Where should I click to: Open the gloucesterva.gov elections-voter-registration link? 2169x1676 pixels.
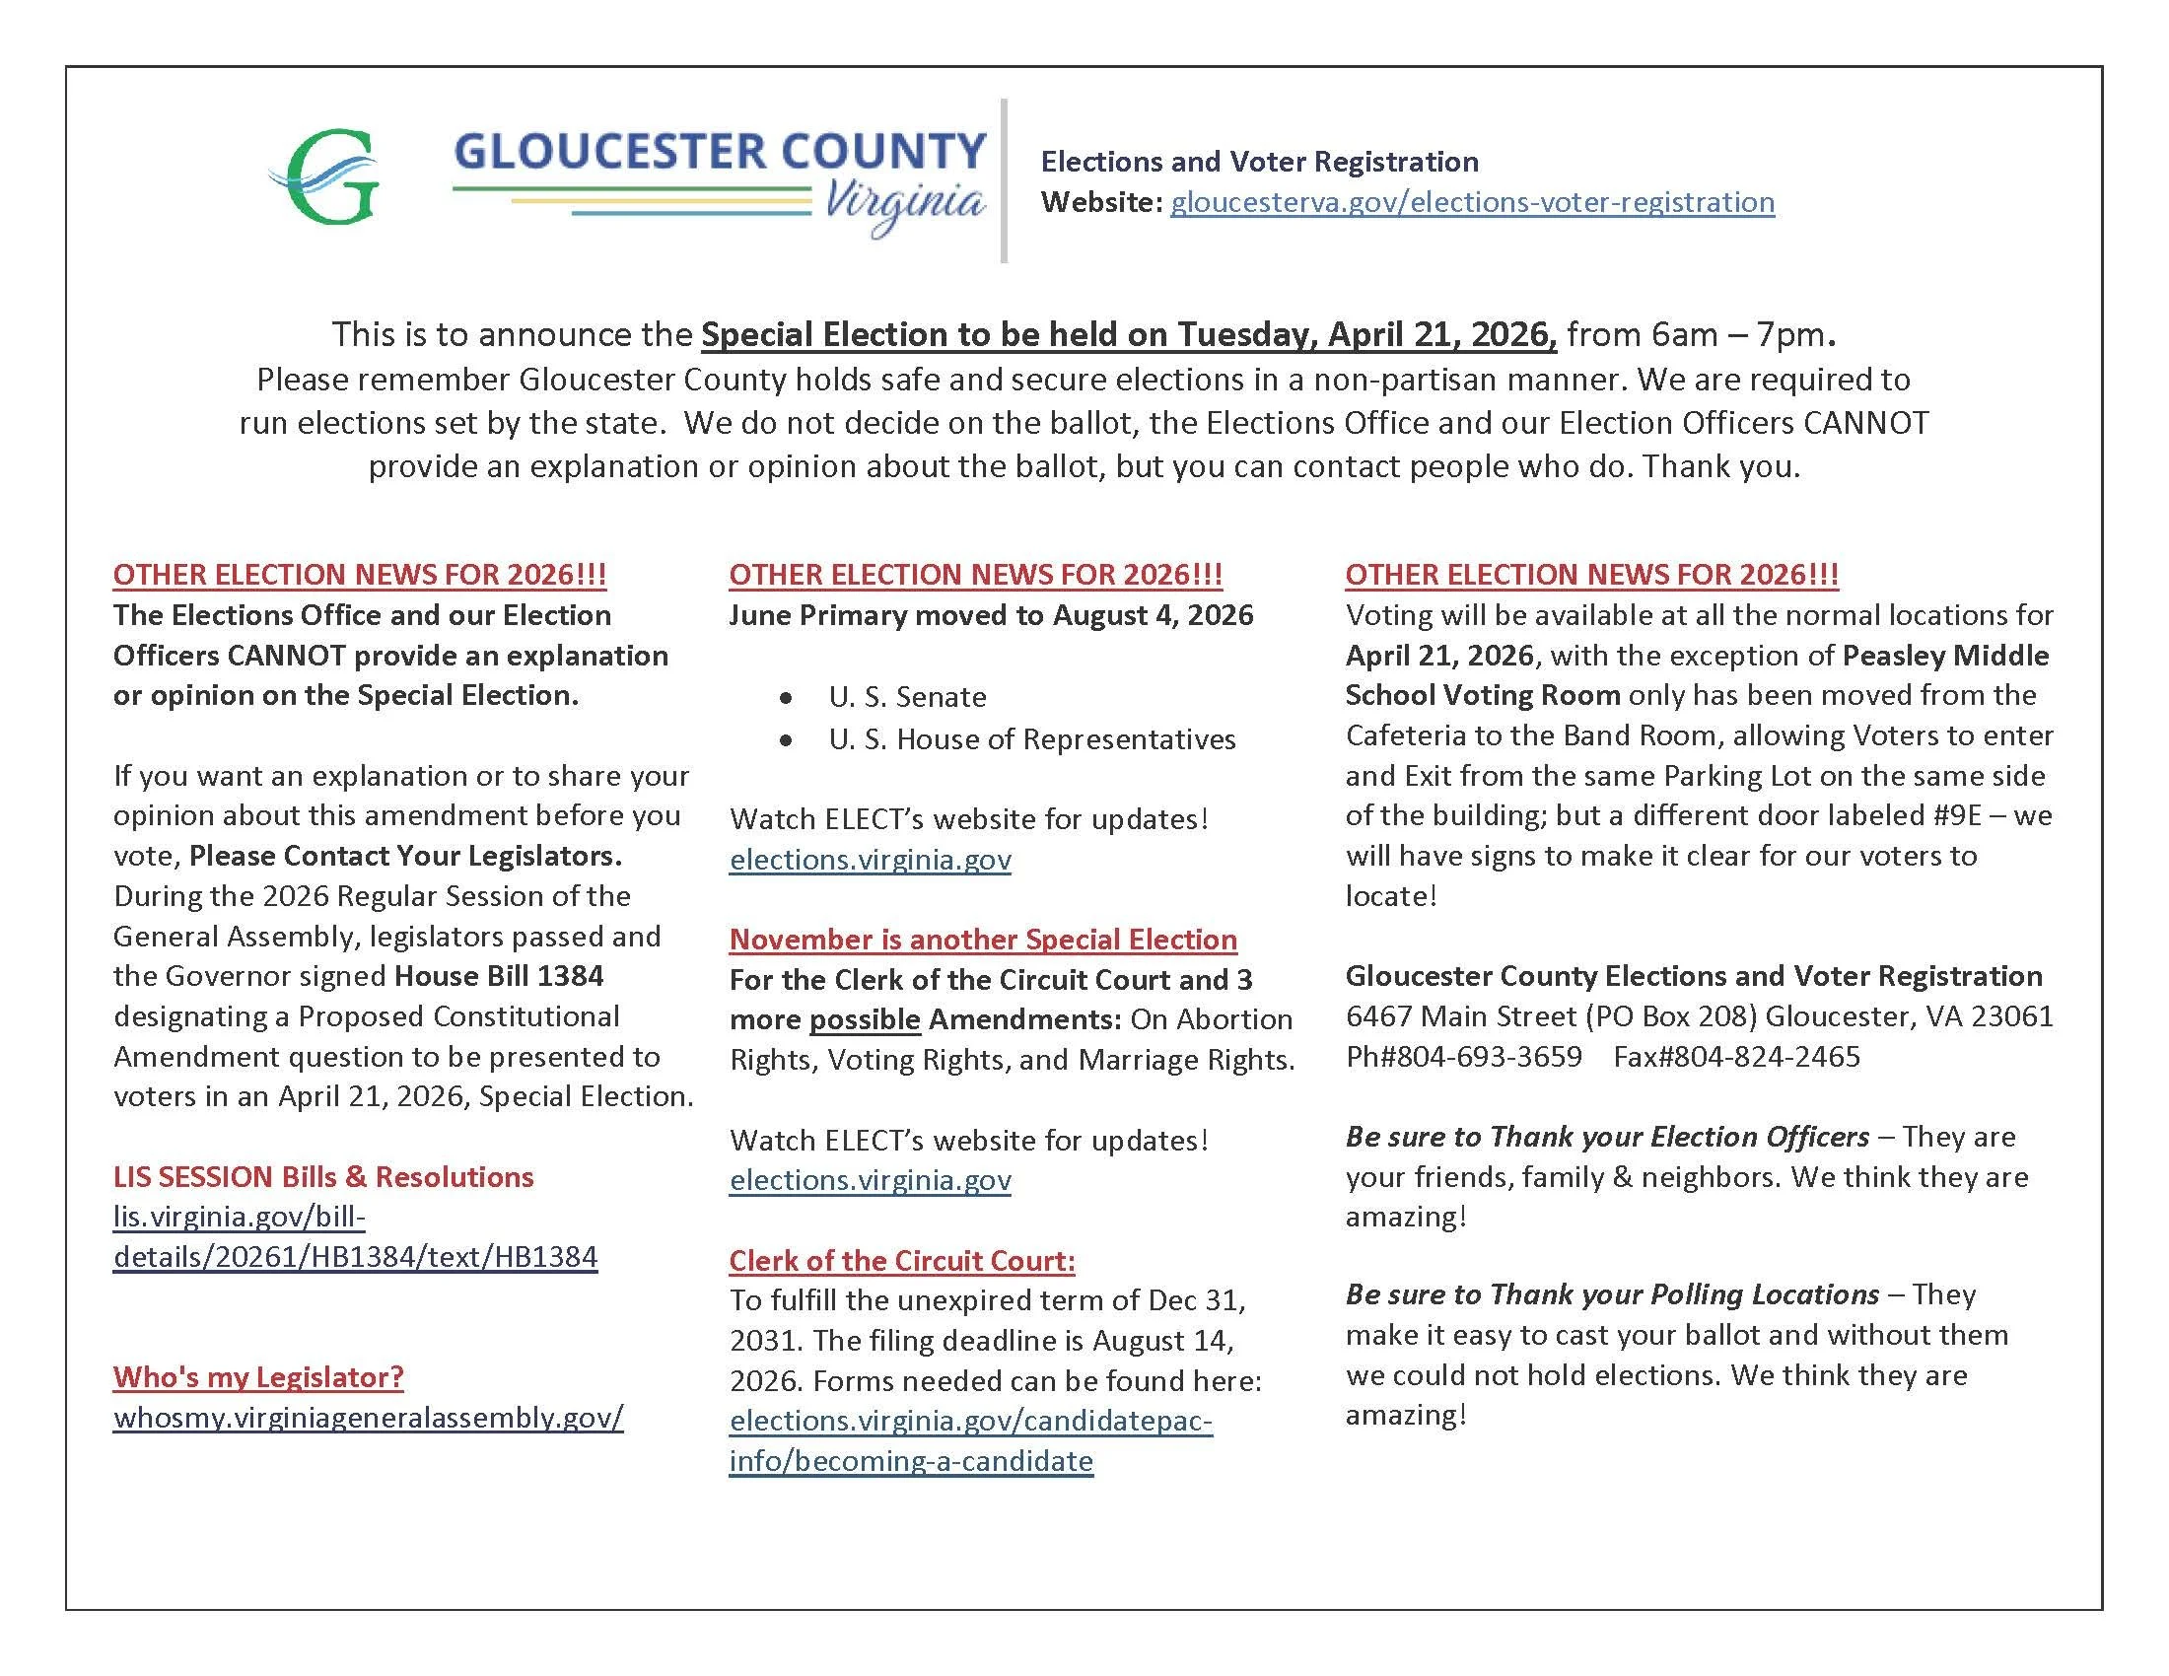tap(1471, 202)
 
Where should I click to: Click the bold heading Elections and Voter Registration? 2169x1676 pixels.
tap(1258, 162)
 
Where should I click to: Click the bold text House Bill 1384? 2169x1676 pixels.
tap(499, 976)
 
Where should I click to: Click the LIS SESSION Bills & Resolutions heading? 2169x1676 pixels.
tap(322, 1176)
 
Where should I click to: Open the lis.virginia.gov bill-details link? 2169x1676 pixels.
tap(355, 1237)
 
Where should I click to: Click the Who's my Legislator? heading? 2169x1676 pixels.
tap(258, 1377)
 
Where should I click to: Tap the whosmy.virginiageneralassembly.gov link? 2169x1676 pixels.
tap(369, 1417)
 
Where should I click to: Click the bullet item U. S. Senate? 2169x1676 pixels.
tap(907, 697)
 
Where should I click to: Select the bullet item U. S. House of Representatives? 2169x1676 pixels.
tap(1031, 739)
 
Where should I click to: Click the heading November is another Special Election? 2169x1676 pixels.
tap(982, 940)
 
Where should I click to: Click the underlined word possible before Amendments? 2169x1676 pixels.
tap(864, 1019)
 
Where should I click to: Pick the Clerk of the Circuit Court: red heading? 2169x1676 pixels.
tap(902, 1261)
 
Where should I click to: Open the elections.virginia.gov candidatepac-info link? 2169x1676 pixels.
tap(969, 1440)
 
